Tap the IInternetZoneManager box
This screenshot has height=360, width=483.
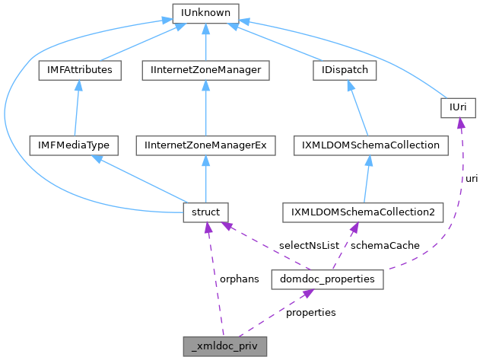(x=206, y=70)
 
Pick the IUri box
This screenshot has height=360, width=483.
(x=458, y=109)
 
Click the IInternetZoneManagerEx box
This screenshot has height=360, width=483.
(x=206, y=144)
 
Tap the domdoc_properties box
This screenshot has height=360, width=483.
(x=327, y=280)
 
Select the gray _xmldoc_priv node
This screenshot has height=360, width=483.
(x=225, y=346)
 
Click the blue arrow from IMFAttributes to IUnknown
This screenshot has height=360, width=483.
(x=137, y=43)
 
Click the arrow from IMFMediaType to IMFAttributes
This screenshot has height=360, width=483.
(x=75, y=107)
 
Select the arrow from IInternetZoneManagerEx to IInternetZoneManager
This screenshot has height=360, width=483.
(x=206, y=107)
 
